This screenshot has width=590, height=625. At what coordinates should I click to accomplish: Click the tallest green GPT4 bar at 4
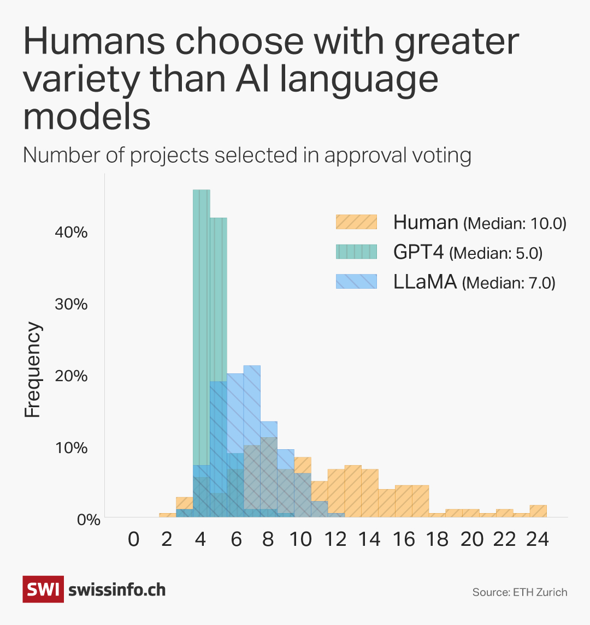pyautogui.click(x=201, y=328)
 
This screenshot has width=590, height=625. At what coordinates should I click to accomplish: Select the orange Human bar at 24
pyautogui.click(x=538, y=511)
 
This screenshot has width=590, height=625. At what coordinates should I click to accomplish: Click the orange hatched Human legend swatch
pyautogui.click(x=356, y=222)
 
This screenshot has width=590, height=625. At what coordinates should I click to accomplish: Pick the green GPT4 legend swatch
pyautogui.click(x=356, y=252)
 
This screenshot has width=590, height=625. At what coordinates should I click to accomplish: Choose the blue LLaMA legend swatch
pyautogui.click(x=356, y=282)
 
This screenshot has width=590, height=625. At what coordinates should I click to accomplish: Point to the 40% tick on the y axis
pyautogui.click(x=72, y=233)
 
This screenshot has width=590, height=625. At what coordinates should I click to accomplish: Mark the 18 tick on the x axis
pyautogui.click(x=438, y=539)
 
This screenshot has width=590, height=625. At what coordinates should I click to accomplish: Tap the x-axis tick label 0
pyautogui.click(x=133, y=539)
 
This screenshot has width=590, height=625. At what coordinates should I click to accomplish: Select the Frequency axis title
pyautogui.click(x=33, y=370)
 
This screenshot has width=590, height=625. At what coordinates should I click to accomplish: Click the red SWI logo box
pyautogui.click(x=43, y=589)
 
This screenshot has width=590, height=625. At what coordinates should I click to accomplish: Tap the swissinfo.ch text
pyautogui.click(x=117, y=590)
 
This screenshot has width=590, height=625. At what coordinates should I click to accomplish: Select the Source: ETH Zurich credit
pyautogui.click(x=520, y=592)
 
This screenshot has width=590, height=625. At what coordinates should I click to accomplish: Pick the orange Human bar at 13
pyautogui.click(x=353, y=491)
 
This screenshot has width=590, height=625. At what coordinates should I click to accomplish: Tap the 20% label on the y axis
pyautogui.click(x=72, y=376)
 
